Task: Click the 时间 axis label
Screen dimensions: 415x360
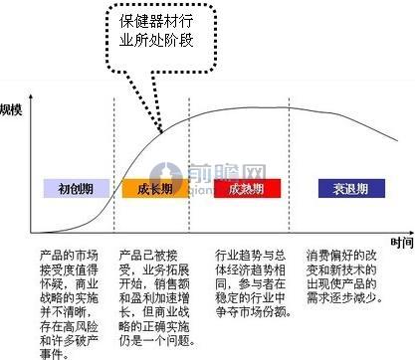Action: coord(402,241)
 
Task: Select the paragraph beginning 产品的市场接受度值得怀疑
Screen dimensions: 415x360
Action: coord(73,301)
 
